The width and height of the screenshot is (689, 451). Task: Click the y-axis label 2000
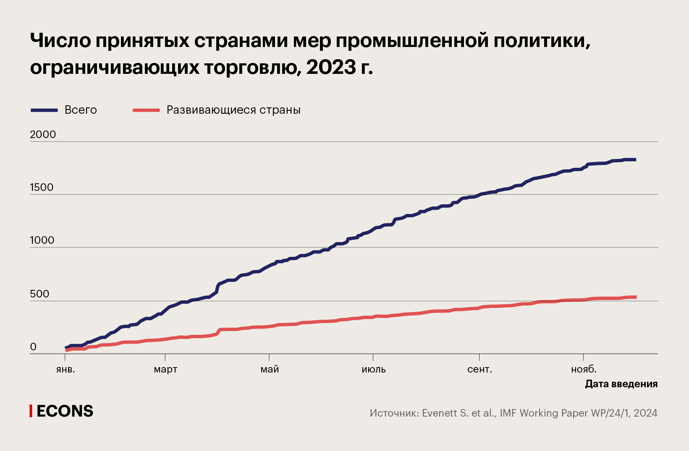(x=43, y=134)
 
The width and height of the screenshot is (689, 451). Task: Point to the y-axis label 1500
(x=42, y=187)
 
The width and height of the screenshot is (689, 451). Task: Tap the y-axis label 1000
(x=42, y=240)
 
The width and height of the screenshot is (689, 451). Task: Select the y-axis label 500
(x=39, y=294)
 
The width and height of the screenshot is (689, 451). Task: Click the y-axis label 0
(x=33, y=347)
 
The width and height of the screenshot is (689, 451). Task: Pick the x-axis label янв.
(x=65, y=369)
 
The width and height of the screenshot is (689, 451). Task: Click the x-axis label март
(x=165, y=370)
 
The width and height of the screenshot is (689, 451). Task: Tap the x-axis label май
(x=270, y=369)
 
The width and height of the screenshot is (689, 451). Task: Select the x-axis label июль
(x=373, y=369)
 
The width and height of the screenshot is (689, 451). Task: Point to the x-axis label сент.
(x=479, y=369)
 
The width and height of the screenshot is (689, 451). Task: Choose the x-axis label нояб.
(x=584, y=369)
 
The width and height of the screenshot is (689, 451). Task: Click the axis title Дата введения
(x=621, y=384)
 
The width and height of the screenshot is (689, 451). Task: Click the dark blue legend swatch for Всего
(x=44, y=110)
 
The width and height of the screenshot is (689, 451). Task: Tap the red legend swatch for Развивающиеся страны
(x=146, y=110)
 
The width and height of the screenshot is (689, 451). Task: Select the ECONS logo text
(x=65, y=411)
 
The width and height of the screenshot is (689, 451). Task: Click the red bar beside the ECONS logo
(x=31, y=411)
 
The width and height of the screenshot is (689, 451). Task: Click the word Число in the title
(x=60, y=41)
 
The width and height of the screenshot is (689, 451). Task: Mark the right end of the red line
(x=636, y=297)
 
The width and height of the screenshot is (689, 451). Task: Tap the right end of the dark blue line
(x=635, y=159)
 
